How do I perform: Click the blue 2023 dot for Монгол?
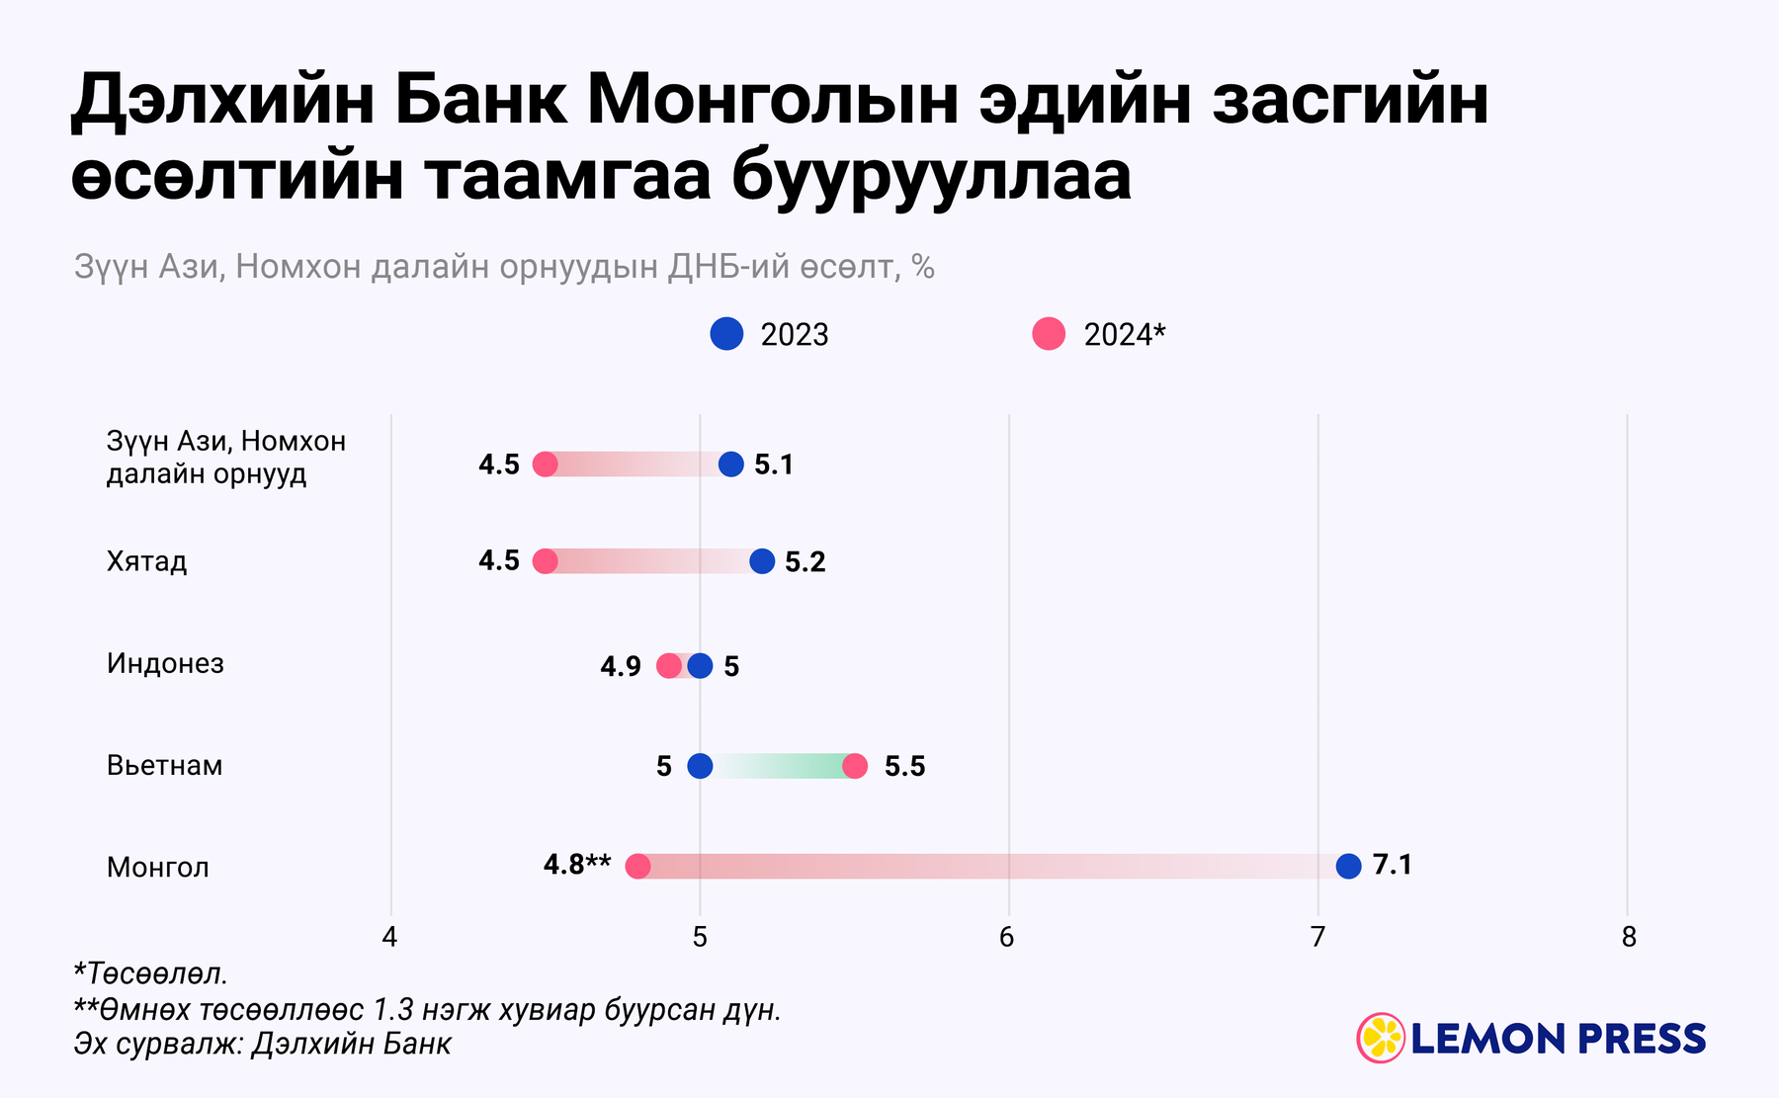(x=1348, y=866)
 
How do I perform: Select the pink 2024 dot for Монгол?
(x=638, y=867)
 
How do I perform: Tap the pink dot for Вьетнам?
(x=855, y=766)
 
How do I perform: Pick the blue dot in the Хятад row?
(x=762, y=561)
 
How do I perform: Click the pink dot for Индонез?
(x=669, y=665)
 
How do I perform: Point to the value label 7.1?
(x=1393, y=865)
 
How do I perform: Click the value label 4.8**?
(x=577, y=865)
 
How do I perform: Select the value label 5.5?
(x=904, y=767)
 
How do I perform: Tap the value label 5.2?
(x=805, y=562)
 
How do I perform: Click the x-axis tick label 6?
(x=1007, y=937)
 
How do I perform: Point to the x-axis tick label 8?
(x=1629, y=937)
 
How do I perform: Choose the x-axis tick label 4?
(x=389, y=937)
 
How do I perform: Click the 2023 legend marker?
(x=726, y=334)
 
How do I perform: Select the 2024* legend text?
(x=1125, y=335)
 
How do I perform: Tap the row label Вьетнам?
(x=164, y=766)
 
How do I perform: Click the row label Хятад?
(x=146, y=561)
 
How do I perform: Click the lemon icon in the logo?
(x=1381, y=1038)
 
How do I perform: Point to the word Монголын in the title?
(x=772, y=101)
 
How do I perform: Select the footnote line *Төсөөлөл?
(x=151, y=973)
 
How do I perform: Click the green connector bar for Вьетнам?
(x=781, y=766)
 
